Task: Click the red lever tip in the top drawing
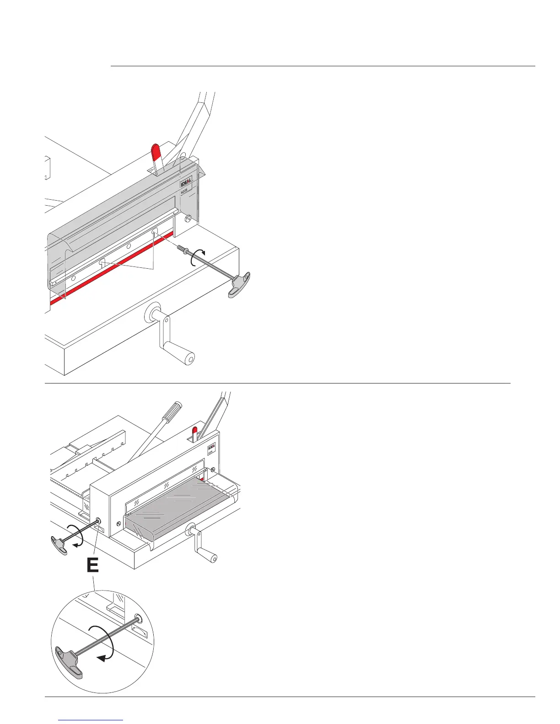tap(156, 151)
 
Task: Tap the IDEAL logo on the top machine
tap(186, 181)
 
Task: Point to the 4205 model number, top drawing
tap(185, 192)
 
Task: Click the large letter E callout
tap(92, 566)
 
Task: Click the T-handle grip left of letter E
tap(57, 545)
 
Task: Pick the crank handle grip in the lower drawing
tap(212, 557)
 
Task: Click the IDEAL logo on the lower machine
tap(212, 447)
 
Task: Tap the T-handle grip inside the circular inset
tap(69, 660)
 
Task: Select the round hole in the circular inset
tap(138, 620)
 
